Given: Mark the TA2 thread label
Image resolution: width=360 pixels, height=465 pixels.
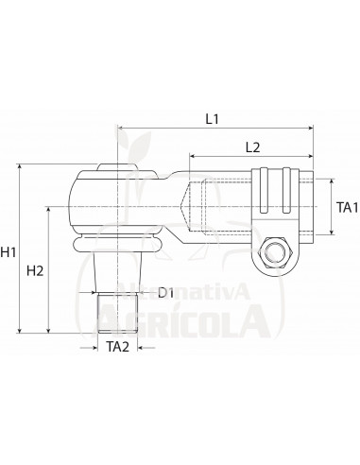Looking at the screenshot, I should click(x=117, y=347).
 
